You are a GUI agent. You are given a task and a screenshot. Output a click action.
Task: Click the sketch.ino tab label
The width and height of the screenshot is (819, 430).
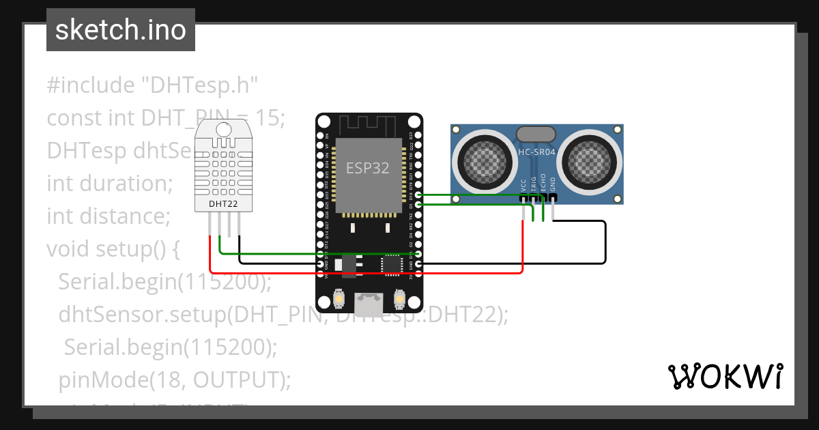click(120, 30)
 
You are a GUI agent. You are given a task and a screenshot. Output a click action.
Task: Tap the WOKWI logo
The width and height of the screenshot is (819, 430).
click(724, 376)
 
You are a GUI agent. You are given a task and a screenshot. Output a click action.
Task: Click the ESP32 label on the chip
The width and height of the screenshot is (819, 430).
click(368, 168)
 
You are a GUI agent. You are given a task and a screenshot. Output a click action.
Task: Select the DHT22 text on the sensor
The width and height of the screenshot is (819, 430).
click(223, 203)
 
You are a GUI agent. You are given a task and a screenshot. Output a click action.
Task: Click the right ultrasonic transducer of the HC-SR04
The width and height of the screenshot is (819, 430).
click(589, 160)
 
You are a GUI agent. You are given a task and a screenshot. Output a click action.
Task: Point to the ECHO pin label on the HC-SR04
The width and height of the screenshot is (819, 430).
click(543, 183)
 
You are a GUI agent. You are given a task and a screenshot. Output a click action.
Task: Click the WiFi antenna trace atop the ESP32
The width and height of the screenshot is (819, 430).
click(369, 125)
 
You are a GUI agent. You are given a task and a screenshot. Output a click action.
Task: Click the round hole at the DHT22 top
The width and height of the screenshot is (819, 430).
click(223, 129)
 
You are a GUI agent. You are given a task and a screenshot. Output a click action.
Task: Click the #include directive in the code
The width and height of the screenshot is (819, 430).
click(91, 85)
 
